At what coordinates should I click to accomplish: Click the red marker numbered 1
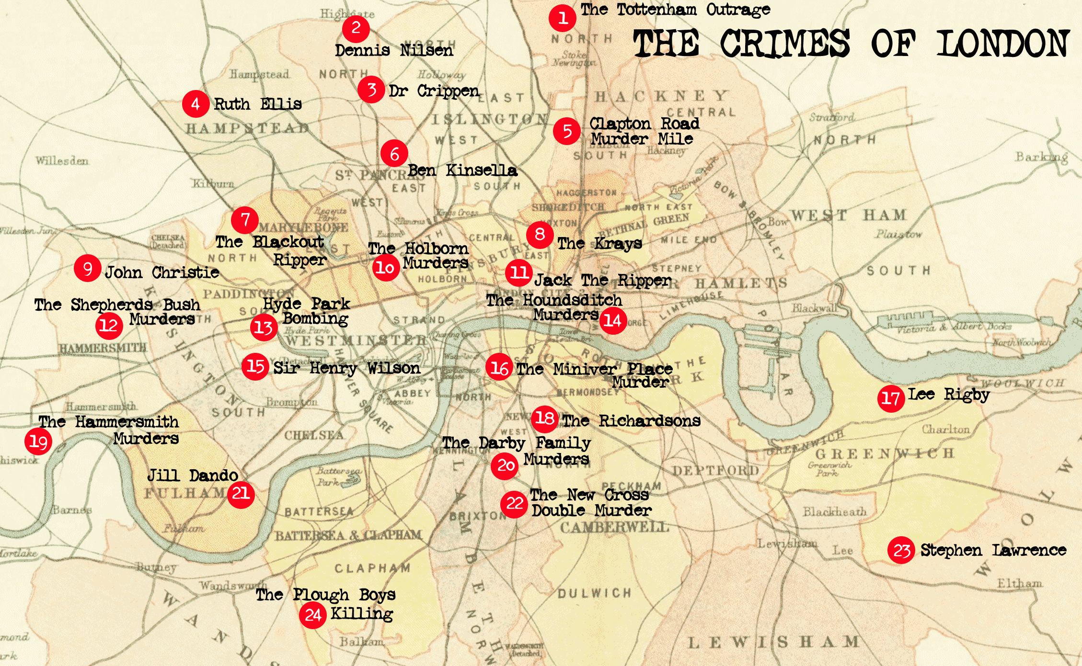click(562, 18)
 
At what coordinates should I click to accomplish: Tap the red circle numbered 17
click(891, 398)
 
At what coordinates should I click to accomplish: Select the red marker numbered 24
click(313, 615)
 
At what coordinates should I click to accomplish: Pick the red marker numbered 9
click(87, 269)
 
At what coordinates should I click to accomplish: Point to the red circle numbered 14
click(612, 320)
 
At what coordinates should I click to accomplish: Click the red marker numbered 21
click(241, 494)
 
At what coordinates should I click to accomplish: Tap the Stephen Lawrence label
click(993, 551)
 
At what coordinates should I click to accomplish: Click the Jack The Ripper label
click(602, 280)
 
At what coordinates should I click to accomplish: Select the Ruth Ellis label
click(257, 104)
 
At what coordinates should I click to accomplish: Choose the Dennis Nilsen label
click(393, 50)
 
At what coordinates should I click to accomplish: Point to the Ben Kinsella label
click(462, 170)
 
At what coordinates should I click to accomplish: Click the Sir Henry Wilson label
click(346, 368)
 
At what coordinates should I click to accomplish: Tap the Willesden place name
click(62, 160)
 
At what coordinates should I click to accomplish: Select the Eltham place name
click(1019, 584)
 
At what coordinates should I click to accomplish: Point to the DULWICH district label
click(594, 593)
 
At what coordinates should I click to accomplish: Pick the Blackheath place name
click(834, 512)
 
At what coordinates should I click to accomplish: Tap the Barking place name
click(1041, 157)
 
